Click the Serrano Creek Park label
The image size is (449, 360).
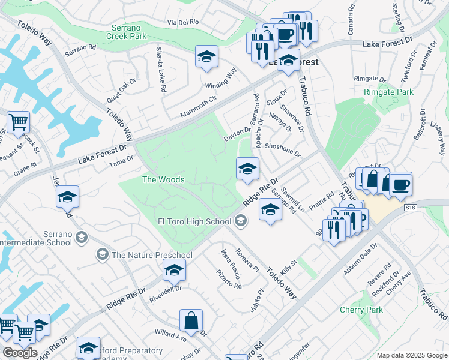[x=129, y=32]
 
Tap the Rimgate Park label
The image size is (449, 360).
[x=388, y=92]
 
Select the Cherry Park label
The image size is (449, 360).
[x=361, y=310]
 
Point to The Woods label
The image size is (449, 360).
[x=157, y=179]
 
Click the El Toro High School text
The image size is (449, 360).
[x=194, y=221]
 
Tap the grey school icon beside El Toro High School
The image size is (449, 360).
[x=241, y=222]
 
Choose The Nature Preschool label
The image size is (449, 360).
[x=151, y=255]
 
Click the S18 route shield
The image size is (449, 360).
[x=410, y=208]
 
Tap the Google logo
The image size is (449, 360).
[x=19, y=353]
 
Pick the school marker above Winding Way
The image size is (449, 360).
[x=206, y=57]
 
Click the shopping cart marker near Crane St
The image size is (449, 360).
[x=18, y=122]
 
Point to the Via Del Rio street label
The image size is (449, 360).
[x=183, y=22]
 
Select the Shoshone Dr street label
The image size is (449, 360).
[x=282, y=149]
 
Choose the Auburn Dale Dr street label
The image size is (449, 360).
[x=358, y=257]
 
